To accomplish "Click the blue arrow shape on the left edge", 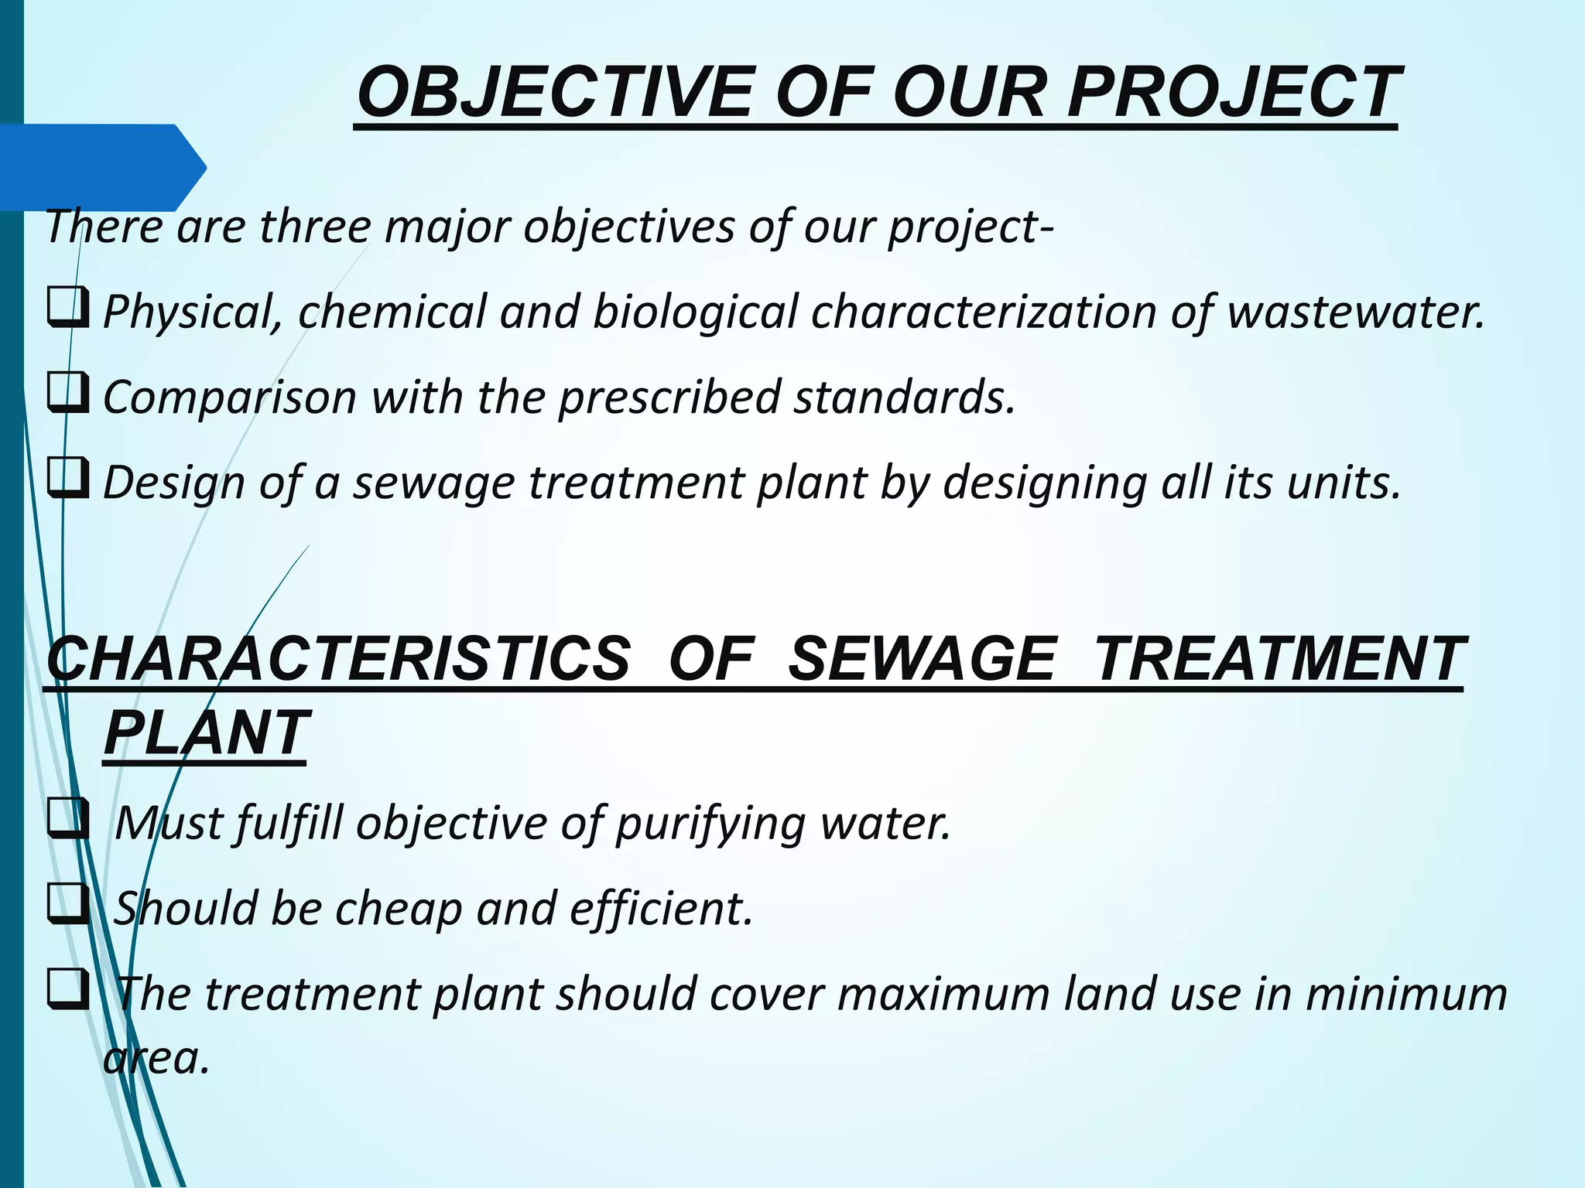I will click(101, 167).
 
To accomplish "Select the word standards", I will click(904, 397).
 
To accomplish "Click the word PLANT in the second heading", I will click(206, 732).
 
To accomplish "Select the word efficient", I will click(661, 908).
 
